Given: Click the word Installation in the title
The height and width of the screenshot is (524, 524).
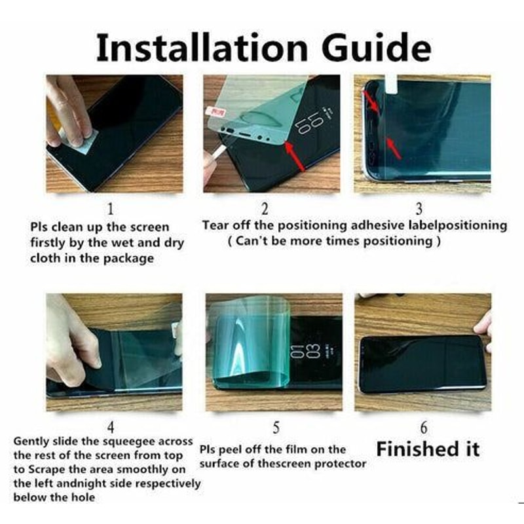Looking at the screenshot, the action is tap(202, 47).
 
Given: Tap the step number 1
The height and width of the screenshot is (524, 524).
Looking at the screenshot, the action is tap(111, 209).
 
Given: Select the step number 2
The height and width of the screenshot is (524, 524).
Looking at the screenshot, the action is tap(265, 209).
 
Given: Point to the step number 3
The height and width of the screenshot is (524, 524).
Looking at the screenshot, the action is tap(419, 209).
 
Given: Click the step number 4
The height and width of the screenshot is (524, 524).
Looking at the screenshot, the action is tap(111, 428).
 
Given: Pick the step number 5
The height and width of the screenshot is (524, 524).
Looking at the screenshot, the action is tap(276, 428).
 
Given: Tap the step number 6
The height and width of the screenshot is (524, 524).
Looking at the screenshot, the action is tap(424, 428).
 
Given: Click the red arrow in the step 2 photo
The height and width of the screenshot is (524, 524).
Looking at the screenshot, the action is tap(295, 155).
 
